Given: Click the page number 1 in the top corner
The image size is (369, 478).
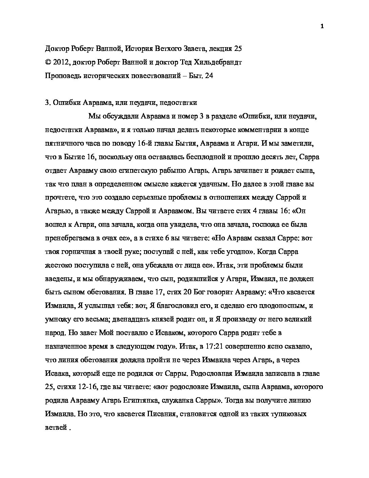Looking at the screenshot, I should tap(322, 27).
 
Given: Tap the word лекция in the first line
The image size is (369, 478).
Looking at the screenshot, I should tap(217, 49).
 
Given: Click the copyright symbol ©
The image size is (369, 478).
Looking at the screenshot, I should tap(47, 62).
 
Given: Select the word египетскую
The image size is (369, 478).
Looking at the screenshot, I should tap(133, 170).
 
